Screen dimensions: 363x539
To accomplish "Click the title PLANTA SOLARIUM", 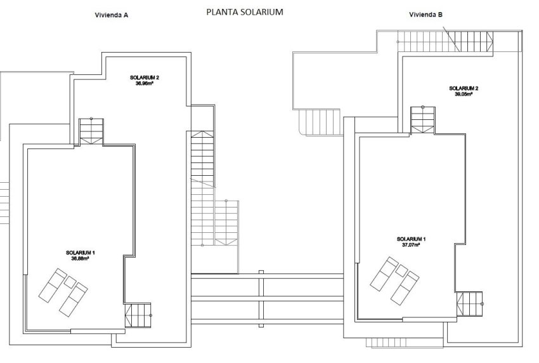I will [245, 11].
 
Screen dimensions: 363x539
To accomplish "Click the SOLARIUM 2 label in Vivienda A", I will [145, 78].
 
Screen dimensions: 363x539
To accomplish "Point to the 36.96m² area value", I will [145, 84].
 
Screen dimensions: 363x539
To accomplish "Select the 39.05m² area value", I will [464, 94].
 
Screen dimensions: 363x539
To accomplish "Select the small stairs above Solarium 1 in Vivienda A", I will [91, 131].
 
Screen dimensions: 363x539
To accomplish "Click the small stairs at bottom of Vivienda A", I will [139, 315].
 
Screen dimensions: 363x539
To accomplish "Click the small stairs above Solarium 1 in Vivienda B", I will [422, 119].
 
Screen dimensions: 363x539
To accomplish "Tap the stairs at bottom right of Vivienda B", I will [470, 303].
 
